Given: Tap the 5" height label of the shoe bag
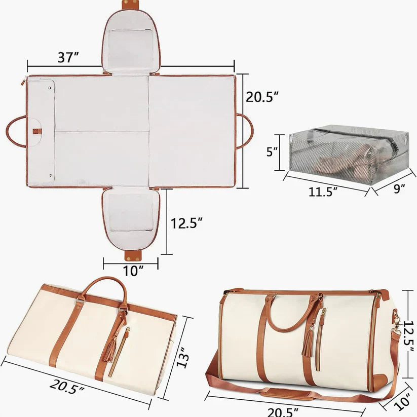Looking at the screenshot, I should (x=272, y=151).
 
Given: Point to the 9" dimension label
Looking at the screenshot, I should (x=399, y=189).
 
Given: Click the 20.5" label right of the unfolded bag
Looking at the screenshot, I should (x=263, y=97).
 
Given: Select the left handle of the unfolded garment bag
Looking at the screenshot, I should (x=16, y=131).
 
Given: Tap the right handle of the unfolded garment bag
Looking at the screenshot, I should (x=245, y=131).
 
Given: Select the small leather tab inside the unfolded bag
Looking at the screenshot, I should (x=36, y=131).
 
